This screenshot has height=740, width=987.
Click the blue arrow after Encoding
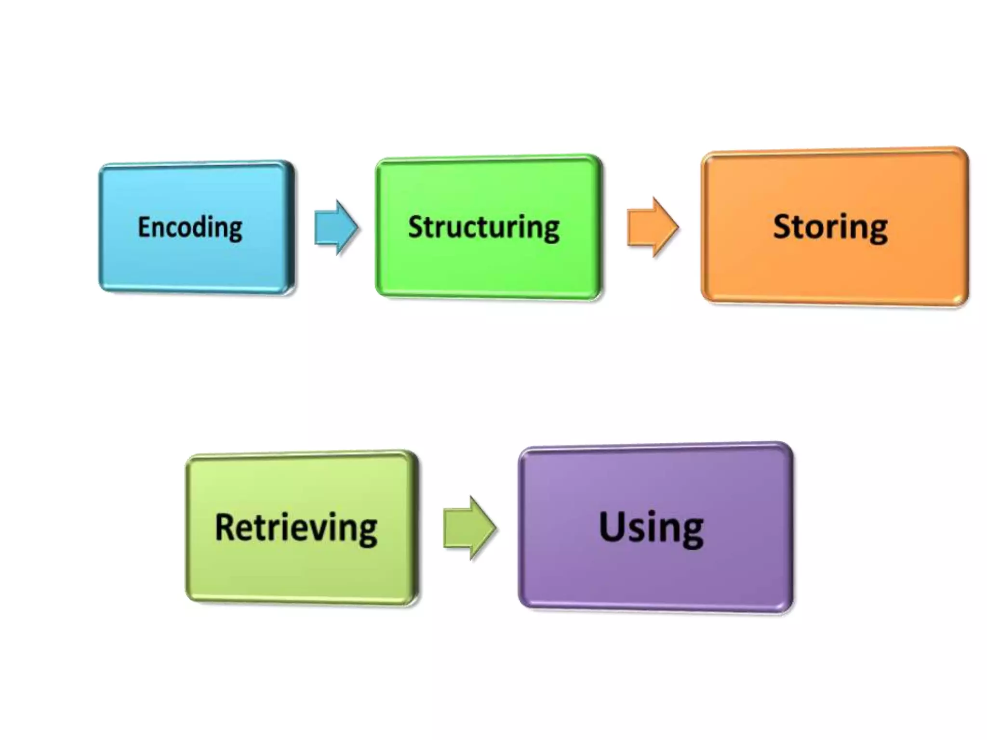[335, 227]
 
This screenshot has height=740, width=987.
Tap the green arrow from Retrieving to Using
[469, 528]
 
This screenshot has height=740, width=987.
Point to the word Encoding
[190, 227]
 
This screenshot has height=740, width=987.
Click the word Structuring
[483, 227]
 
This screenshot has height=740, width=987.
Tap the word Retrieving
[296, 528]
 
